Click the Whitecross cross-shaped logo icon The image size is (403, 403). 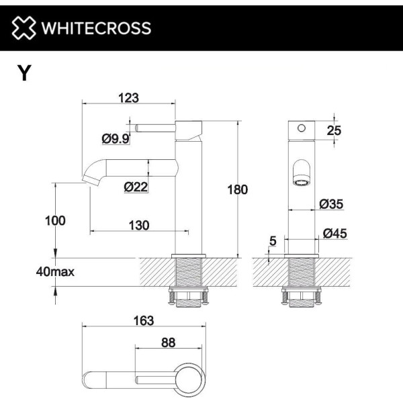coord(24,28)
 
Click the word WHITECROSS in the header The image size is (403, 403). coord(96,28)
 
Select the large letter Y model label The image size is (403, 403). coord(24,73)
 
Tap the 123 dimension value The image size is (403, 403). coord(128,98)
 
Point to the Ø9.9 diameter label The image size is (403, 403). coord(116,139)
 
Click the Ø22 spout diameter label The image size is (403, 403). coord(136,187)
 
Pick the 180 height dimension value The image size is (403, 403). coord(238,189)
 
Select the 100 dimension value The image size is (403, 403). coord(55,221)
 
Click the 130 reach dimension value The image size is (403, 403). coord(139,226)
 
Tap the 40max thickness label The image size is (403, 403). coord(55,271)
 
